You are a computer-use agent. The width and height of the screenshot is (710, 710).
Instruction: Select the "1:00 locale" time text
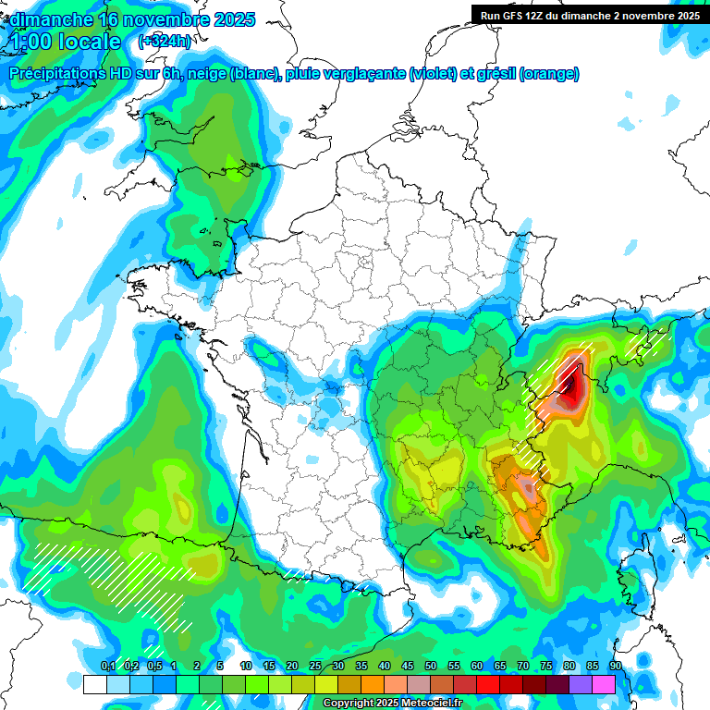coord(66,42)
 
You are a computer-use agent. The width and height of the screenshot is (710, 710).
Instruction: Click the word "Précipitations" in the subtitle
coord(57,74)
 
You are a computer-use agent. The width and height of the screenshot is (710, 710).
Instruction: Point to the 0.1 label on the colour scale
coord(108,667)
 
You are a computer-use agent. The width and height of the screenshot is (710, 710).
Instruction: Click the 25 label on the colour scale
coord(315,667)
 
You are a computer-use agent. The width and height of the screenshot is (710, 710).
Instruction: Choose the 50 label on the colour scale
coord(431,667)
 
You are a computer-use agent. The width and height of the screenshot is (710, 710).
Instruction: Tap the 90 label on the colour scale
coord(616,667)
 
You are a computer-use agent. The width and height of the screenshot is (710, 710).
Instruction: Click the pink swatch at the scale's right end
coord(604,684)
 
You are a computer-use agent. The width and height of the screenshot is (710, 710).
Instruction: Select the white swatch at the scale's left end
coord(95,684)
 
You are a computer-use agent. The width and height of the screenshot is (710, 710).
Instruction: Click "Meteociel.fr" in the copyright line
coord(431,704)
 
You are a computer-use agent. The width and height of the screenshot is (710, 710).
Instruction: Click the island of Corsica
coord(635,573)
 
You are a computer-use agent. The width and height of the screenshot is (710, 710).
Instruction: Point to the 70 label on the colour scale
coord(523,667)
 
